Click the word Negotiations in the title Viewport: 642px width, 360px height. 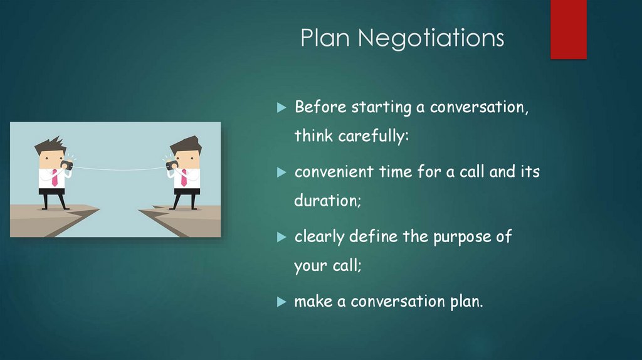point(431,39)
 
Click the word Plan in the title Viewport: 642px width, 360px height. point(324,39)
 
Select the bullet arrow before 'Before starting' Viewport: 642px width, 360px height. point(282,107)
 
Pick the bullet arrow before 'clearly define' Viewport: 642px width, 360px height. point(282,237)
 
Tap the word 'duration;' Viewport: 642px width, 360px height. point(320,202)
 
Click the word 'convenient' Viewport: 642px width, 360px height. point(334,172)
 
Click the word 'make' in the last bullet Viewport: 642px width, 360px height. point(313,302)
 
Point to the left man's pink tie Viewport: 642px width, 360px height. point(55,177)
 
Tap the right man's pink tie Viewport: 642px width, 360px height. point(183,177)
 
